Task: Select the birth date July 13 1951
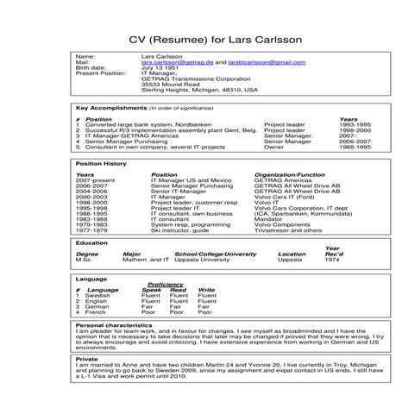pos(159,69)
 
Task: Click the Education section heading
pos(91,243)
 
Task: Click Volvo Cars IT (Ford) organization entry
pos(282,197)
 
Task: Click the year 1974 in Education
pos(332,261)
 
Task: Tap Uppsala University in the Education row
pos(203,261)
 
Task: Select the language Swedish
pos(98,295)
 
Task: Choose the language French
pos(97,311)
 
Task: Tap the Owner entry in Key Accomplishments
pos(273,147)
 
